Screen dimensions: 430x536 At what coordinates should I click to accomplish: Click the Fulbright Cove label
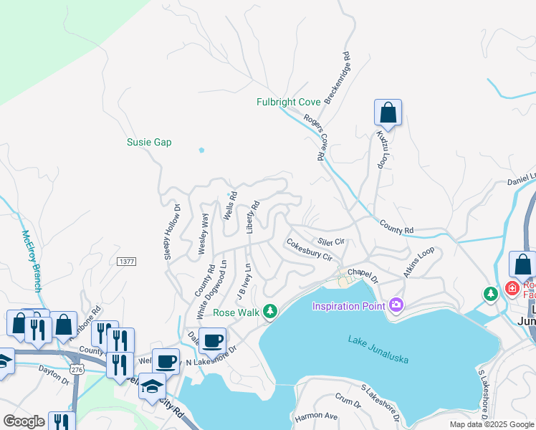(288, 102)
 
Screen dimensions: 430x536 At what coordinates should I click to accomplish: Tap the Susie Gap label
(149, 142)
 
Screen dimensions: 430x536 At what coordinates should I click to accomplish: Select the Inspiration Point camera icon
(397, 307)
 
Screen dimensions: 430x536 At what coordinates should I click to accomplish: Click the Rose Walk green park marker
(270, 311)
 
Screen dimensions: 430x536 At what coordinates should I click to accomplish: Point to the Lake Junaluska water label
(378, 350)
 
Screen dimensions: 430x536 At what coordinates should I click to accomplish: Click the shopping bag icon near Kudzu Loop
(388, 113)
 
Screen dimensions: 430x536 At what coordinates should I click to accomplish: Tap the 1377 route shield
(128, 262)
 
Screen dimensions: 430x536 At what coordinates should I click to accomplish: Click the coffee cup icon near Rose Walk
(211, 342)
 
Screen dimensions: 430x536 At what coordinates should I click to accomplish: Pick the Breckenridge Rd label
(337, 77)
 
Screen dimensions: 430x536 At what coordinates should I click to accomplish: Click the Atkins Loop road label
(418, 263)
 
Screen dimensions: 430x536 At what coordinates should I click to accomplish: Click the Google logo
(24, 421)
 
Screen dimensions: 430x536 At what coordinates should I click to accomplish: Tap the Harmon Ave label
(316, 416)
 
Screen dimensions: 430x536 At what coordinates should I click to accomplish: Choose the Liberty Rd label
(252, 217)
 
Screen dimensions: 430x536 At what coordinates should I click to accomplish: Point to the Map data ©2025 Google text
(491, 424)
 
